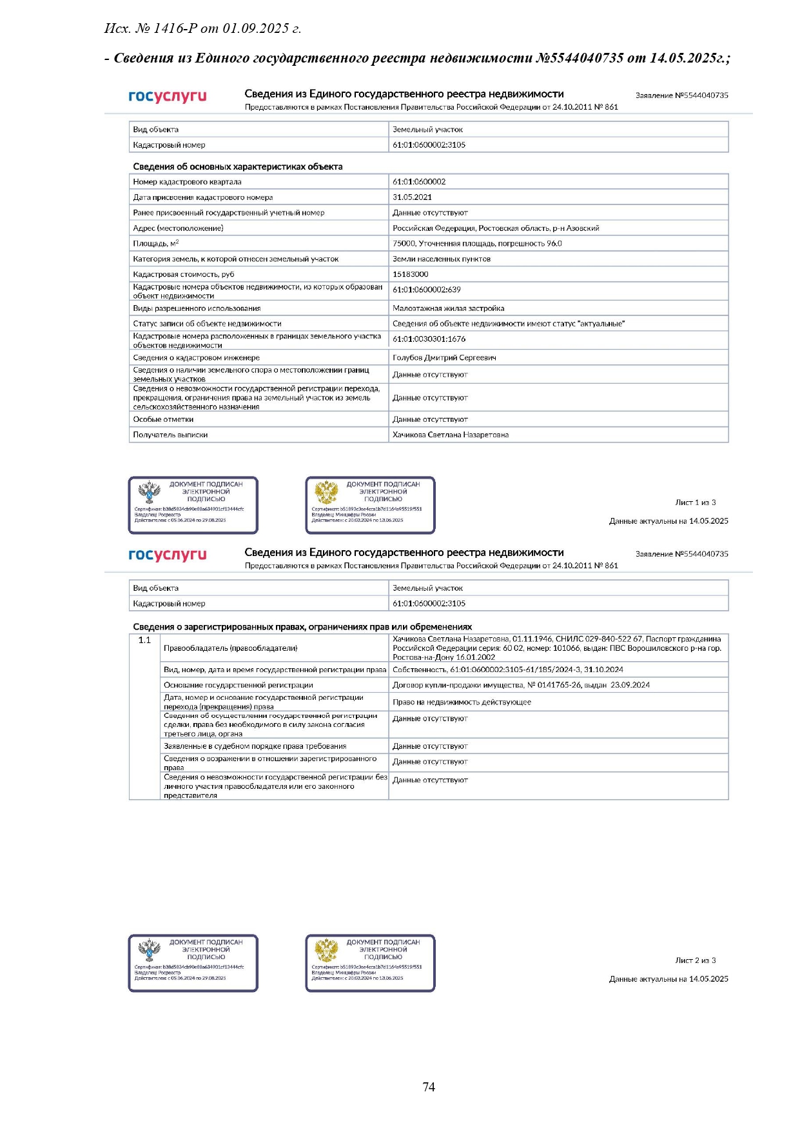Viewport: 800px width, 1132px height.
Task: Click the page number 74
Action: [x=429, y=1087]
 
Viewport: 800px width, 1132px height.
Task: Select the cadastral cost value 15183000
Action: [x=411, y=274]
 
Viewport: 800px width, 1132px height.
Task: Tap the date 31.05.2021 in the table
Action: [x=413, y=197]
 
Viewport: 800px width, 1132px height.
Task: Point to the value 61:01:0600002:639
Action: [x=427, y=290]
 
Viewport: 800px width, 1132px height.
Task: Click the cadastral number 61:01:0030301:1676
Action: [x=429, y=339]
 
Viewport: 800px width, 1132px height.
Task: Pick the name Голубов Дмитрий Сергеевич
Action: [x=444, y=357]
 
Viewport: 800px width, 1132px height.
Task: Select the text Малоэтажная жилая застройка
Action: [x=449, y=308]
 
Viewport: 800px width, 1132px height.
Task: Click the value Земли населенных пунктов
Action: [x=442, y=259]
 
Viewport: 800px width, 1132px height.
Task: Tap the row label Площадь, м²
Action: [x=156, y=243]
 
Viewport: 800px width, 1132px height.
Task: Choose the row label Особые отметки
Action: [x=163, y=419]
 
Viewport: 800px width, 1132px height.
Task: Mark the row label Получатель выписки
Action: [x=170, y=435]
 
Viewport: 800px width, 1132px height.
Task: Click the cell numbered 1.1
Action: [x=144, y=640]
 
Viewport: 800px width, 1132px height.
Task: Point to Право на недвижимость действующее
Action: [x=462, y=702]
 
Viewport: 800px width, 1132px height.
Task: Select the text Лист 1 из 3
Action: [x=696, y=502]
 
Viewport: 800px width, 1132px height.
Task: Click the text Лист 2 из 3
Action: [x=696, y=960]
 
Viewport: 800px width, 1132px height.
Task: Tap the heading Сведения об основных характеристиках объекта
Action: [x=238, y=166]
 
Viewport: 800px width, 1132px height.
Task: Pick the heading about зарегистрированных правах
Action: [x=302, y=626]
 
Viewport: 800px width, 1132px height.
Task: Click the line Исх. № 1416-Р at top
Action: [x=203, y=28]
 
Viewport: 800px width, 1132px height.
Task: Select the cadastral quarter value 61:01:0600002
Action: [x=419, y=182]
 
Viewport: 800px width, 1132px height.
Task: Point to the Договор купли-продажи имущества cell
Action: [x=521, y=685]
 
